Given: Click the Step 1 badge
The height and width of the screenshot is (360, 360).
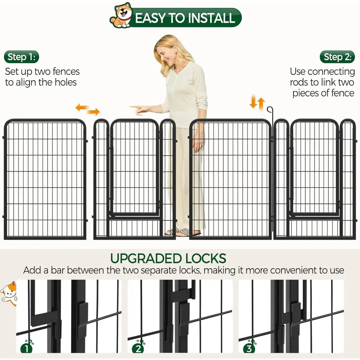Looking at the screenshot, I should coord(21,57).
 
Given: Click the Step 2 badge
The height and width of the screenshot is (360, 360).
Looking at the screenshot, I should coord(337,57).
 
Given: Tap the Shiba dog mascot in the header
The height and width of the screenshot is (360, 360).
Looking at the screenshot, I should coord(121,15).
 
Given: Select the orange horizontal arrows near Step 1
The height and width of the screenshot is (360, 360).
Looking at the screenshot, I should coord(87,109).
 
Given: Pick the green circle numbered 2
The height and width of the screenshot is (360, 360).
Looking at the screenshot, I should coord(138,348).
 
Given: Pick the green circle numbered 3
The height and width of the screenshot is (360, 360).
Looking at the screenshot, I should coord(249,348).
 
